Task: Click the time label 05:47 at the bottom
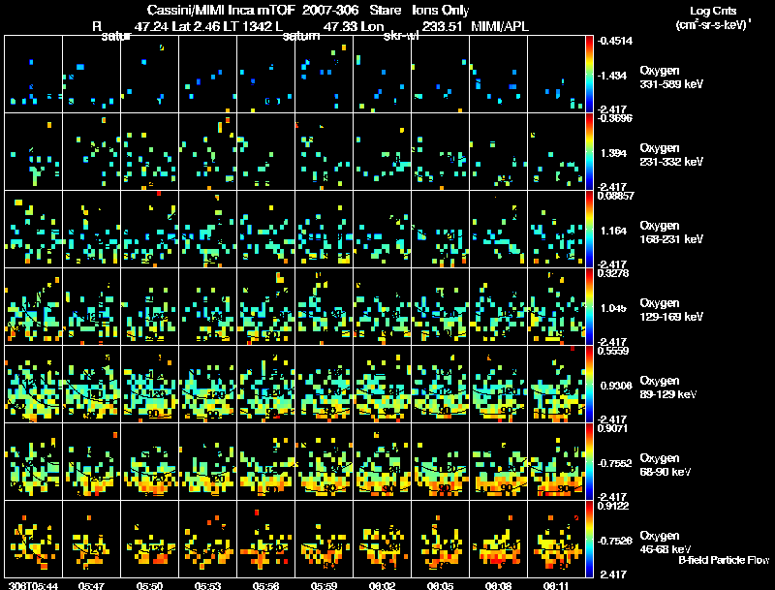point(93,585)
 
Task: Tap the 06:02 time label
point(384,585)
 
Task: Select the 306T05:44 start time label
point(32,585)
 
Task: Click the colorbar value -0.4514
point(616,41)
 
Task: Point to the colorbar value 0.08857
point(616,196)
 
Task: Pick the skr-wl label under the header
point(400,37)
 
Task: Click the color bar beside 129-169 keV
point(590,306)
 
